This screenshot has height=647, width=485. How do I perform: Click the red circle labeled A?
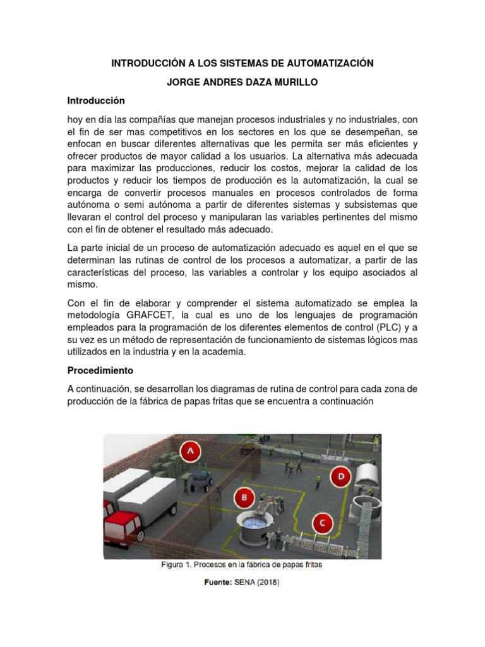190,451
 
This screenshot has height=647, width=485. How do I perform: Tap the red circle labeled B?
244,497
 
